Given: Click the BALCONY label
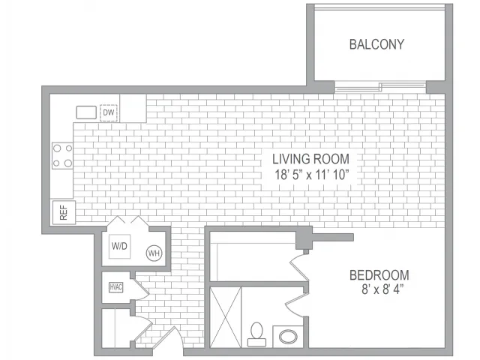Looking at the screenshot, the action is click(376, 44).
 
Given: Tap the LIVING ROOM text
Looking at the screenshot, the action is click(310, 159).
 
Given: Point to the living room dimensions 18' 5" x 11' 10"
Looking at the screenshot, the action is click(312, 175).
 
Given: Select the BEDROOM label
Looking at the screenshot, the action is click(379, 275).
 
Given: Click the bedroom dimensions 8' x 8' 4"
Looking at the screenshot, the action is click(382, 289).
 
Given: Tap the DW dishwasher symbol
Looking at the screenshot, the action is click(109, 112).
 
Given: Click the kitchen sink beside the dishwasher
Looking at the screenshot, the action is click(86, 112).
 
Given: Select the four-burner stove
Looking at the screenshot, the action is click(62, 156).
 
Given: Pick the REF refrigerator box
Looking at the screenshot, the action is click(64, 212).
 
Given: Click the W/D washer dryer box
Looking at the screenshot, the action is click(120, 246).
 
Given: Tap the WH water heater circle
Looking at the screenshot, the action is click(154, 253).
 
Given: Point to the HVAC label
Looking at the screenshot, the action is click(116, 287).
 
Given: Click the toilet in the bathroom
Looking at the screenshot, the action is click(256, 334).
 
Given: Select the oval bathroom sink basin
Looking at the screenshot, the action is click(288, 337).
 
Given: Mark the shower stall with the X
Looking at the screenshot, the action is click(225, 317).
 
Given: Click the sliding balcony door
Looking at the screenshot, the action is click(380, 87).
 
